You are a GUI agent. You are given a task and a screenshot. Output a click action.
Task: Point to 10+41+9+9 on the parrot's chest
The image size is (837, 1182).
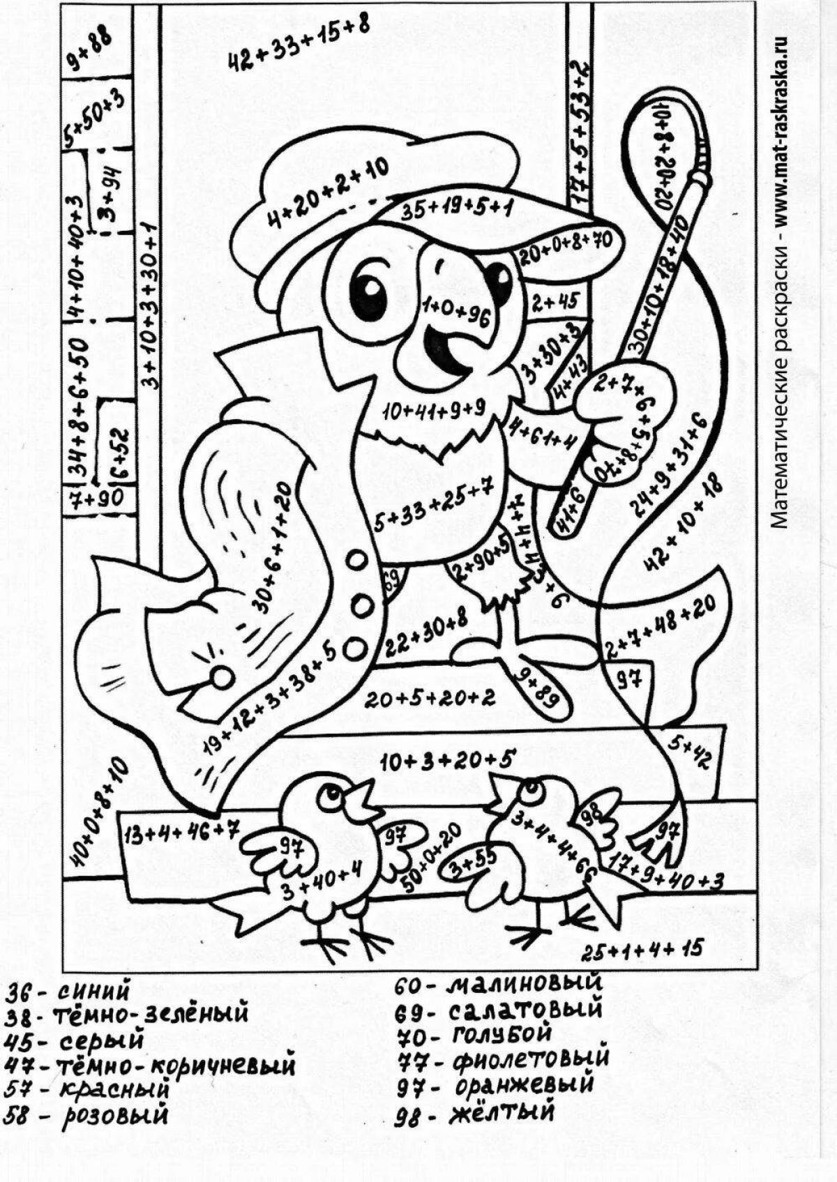click(432, 411)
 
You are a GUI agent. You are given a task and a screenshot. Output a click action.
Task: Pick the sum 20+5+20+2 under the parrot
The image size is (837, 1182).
click(430, 698)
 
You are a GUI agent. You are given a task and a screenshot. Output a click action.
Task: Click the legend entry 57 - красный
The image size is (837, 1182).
click(87, 1089)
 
